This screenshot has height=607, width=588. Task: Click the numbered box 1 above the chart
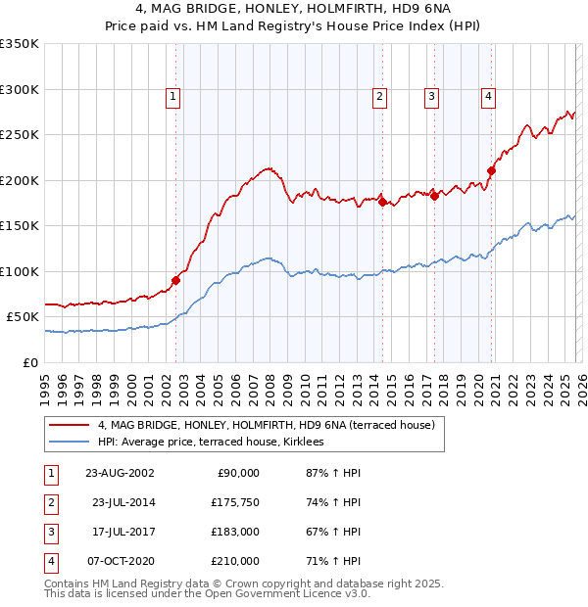pyautogui.click(x=172, y=96)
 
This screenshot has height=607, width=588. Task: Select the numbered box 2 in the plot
pyautogui.click(x=378, y=96)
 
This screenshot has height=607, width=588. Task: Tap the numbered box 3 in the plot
pyautogui.click(x=430, y=96)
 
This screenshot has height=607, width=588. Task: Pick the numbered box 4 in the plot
pyautogui.click(x=487, y=96)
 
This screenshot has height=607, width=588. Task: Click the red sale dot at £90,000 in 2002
pyautogui.click(x=176, y=280)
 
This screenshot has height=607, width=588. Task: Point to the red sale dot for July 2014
pyautogui.click(x=382, y=202)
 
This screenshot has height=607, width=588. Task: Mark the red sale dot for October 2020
pyautogui.click(x=491, y=170)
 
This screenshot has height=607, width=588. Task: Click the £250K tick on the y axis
pyautogui.click(x=20, y=134)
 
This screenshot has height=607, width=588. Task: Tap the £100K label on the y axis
pyautogui.click(x=20, y=271)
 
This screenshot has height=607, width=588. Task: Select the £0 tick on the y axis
pyautogui.click(x=29, y=362)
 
